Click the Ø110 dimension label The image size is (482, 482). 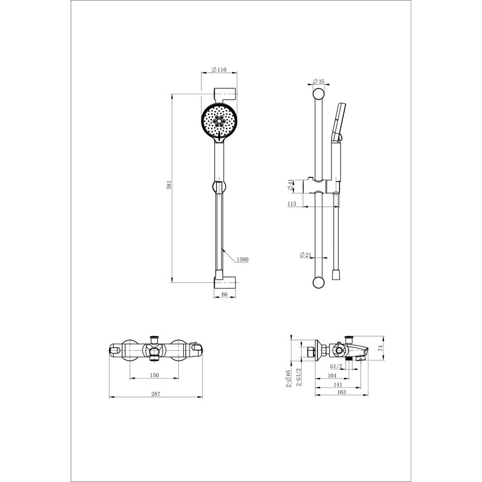(219, 70)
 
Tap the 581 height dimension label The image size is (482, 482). (169, 185)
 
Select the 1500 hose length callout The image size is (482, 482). (242, 259)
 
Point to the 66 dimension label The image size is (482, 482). (224, 294)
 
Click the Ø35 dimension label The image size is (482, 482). (319, 81)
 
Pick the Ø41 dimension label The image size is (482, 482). (290, 185)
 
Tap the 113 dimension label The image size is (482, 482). (292, 204)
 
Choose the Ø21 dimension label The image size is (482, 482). (305, 254)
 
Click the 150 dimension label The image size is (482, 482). (154, 375)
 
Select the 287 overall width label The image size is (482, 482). (156, 394)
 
